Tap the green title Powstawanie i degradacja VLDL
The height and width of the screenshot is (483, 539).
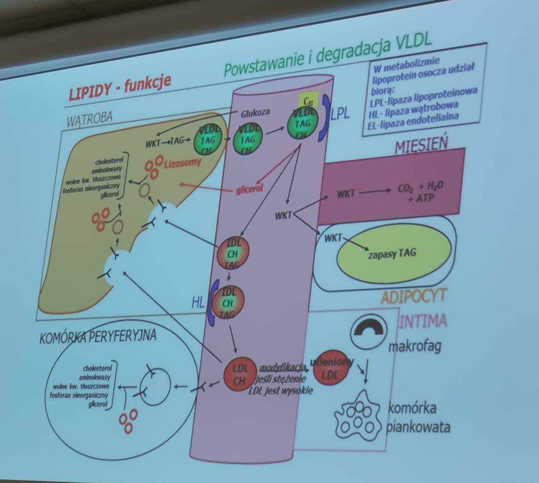(x=327, y=56)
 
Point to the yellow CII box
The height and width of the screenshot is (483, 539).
(x=308, y=98)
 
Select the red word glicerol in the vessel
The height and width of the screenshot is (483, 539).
(x=249, y=189)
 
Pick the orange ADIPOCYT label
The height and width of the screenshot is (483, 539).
(x=413, y=297)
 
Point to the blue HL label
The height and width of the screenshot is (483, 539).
(x=198, y=302)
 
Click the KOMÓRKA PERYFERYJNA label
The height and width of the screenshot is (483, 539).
(x=98, y=337)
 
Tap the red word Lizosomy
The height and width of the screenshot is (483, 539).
(x=183, y=163)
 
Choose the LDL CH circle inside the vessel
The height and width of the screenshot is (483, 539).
(x=240, y=374)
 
